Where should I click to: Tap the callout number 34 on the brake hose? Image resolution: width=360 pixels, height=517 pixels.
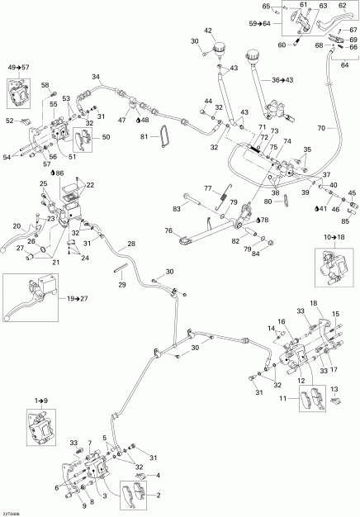(x=97, y=78)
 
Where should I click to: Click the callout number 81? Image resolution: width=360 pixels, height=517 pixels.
(x=145, y=136)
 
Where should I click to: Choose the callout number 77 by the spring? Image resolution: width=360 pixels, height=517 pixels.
(x=208, y=187)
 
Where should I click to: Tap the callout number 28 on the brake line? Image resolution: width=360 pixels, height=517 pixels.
(x=130, y=244)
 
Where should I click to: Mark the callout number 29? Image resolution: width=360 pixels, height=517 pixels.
(x=123, y=283)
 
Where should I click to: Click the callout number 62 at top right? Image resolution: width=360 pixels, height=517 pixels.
(x=342, y=7)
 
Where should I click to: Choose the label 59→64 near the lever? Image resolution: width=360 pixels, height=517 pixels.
(x=259, y=23)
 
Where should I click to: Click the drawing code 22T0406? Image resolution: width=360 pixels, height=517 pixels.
(x=12, y=512)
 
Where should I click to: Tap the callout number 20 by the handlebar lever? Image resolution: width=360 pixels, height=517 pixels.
(x=16, y=225)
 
